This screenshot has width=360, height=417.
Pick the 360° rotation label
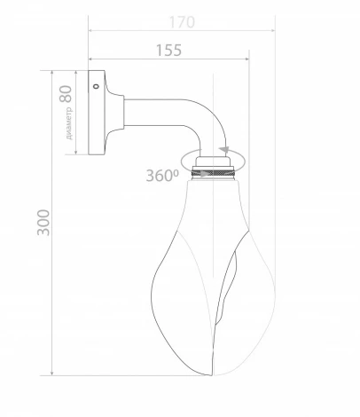(162, 175)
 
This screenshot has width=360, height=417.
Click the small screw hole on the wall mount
(96, 87)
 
